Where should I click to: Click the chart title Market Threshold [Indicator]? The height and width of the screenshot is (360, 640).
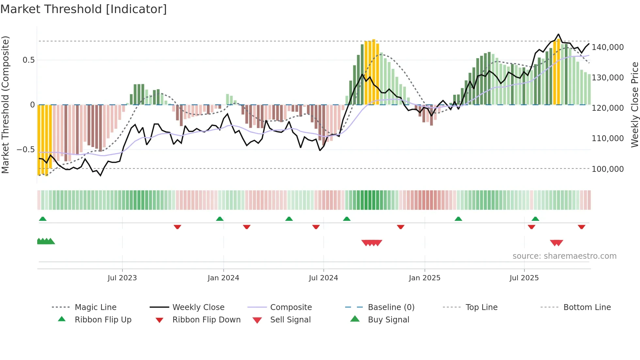(x=84, y=9)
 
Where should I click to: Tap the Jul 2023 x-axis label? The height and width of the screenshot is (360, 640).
(x=122, y=278)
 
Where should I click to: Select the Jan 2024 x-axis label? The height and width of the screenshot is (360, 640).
(x=223, y=278)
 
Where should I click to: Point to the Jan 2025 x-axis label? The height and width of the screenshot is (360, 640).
(x=424, y=278)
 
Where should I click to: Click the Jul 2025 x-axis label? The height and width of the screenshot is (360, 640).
(x=524, y=278)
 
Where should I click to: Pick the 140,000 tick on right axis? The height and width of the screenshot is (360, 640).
(x=608, y=47)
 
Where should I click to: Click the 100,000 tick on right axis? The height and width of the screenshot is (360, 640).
(x=608, y=169)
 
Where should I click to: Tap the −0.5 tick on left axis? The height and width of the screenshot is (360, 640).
(x=25, y=150)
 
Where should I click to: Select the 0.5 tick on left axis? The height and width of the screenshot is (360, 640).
(x=29, y=60)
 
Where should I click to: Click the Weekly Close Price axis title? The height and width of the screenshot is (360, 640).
(x=634, y=105)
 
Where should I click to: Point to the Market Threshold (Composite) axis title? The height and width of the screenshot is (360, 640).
(x=5, y=105)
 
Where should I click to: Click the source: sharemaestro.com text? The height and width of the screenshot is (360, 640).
(x=564, y=256)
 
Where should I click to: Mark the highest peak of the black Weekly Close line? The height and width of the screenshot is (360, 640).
(x=558, y=34)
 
